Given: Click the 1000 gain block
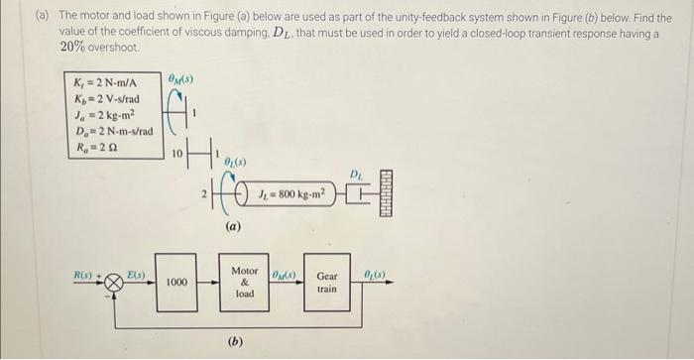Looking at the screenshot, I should click(x=177, y=283).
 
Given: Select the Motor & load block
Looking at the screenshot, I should click(x=244, y=282).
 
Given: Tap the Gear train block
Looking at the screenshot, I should click(x=326, y=283).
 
